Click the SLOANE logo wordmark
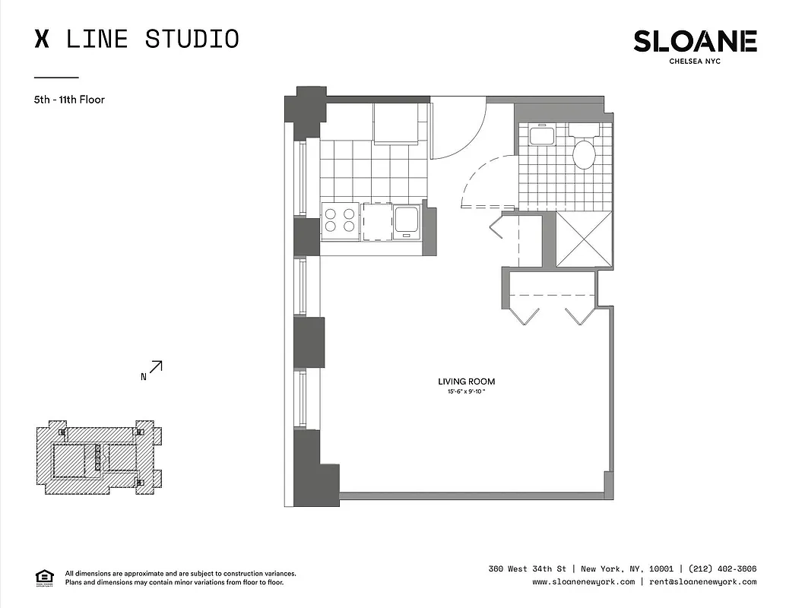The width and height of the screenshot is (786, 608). pos(695,41)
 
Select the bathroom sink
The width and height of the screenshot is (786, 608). pos(542,136)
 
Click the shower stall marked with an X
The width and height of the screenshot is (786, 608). pos(584,239)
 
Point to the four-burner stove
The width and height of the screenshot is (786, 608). pos(340,220)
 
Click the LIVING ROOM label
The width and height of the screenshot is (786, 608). pos(467,382)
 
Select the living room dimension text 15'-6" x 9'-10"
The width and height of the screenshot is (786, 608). pos(467,391)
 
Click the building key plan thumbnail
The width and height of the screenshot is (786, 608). pos(99,458)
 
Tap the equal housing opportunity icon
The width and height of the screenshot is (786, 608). pos(45,577)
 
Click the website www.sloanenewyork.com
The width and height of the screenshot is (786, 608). pos(583,581)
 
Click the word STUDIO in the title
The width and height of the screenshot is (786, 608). pos(192,39)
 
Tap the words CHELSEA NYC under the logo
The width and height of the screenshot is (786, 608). pos(695,62)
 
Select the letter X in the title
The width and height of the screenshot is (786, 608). pos(42,39)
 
